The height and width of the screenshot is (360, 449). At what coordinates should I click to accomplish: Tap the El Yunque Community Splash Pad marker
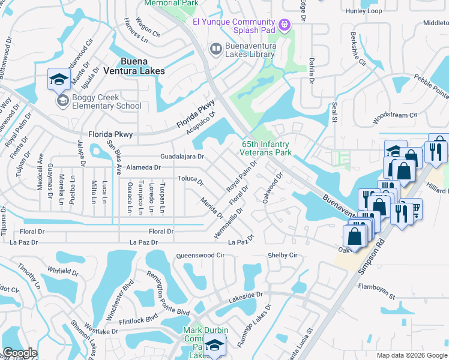coord(285,24)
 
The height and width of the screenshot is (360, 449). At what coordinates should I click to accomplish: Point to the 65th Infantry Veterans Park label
coord(267,148)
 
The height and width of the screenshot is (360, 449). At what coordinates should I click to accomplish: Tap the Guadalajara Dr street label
coord(182,157)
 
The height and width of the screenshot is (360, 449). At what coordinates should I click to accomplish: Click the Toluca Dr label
coord(191,179)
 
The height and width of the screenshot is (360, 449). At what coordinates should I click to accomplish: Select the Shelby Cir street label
coord(282,255)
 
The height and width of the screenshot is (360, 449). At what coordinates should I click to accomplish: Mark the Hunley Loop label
coord(363,11)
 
